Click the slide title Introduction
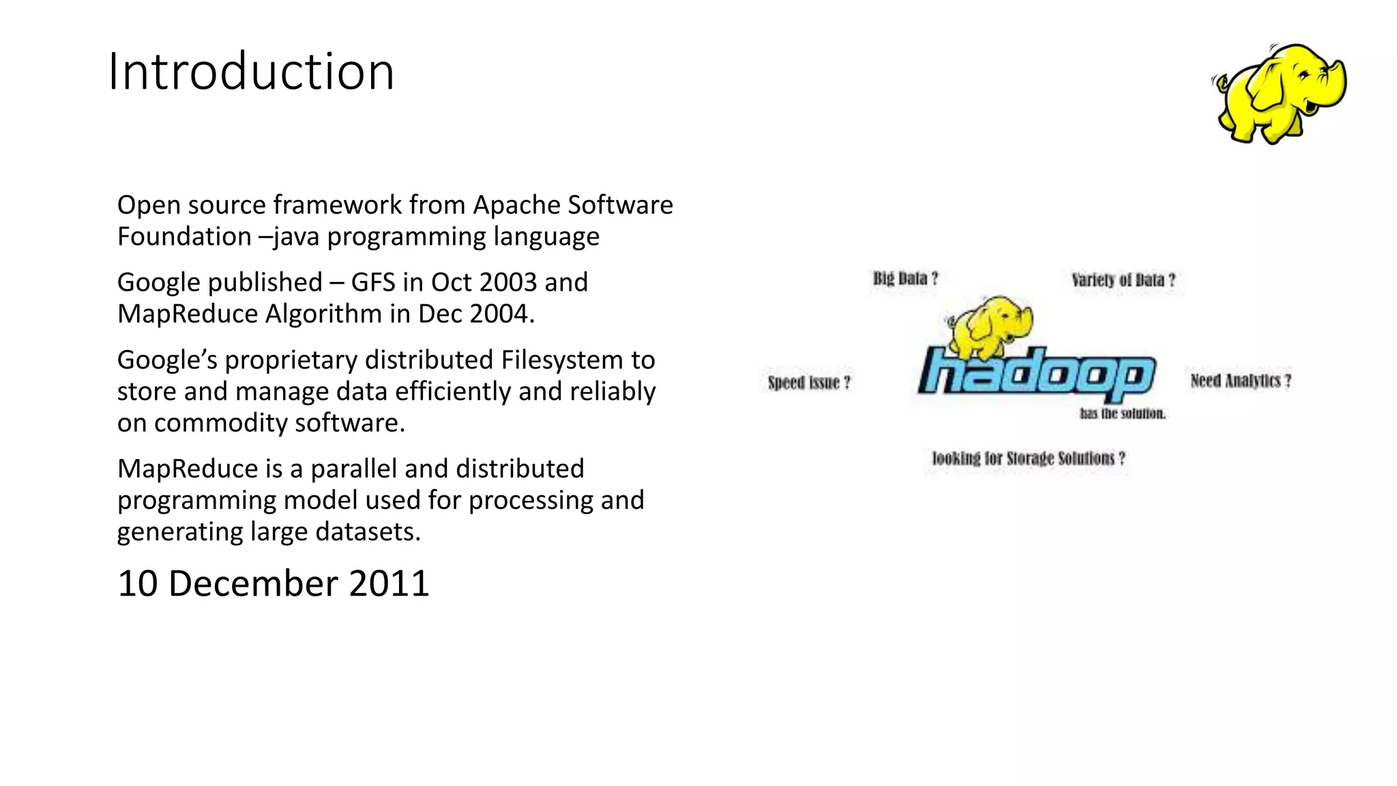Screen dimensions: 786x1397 click(251, 72)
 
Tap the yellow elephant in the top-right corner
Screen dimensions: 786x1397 click(1280, 93)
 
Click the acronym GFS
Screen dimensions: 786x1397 click(374, 282)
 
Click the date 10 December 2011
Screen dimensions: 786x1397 click(273, 583)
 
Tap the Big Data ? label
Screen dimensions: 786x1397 click(905, 278)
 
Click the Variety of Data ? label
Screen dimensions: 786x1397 click(1123, 280)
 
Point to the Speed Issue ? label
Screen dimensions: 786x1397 click(809, 382)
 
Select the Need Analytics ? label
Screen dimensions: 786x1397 click(1241, 380)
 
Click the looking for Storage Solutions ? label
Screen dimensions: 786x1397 click(1029, 458)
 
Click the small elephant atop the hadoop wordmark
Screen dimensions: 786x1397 click(989, 325)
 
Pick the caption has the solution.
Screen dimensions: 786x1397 click(1123, 413)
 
